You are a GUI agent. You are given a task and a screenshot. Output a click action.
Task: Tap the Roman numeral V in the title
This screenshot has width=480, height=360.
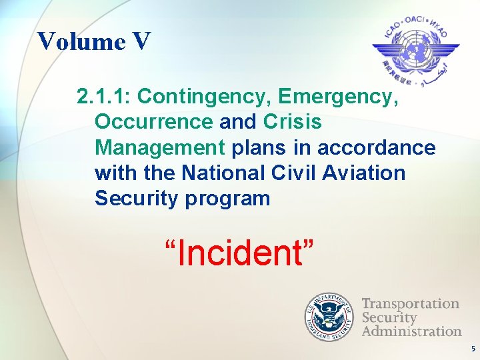tap(141, 41)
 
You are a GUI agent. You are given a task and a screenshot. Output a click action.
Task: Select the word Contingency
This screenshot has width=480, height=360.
tap(204, 97)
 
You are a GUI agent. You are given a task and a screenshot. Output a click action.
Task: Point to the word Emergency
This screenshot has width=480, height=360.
tap(339, 97)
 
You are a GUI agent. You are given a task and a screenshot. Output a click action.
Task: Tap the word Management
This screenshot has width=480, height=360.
tap(160, 148)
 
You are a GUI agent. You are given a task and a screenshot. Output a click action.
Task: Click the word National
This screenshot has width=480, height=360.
tap(227, 173)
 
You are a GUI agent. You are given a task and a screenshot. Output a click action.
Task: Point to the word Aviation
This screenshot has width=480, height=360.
tap(363, 173)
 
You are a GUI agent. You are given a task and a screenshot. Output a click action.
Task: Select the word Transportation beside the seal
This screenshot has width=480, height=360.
tap(410, 304)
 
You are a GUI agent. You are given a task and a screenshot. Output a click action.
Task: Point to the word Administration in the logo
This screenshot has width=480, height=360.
tap(411, 331)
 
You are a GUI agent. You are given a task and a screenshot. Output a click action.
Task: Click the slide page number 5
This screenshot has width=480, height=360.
tap(473, 349)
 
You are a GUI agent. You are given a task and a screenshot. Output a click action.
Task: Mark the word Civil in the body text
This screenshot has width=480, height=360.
tap(294, 173)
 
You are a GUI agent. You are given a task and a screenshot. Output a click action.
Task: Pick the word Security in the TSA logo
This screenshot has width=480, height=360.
tap(389, 317)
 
